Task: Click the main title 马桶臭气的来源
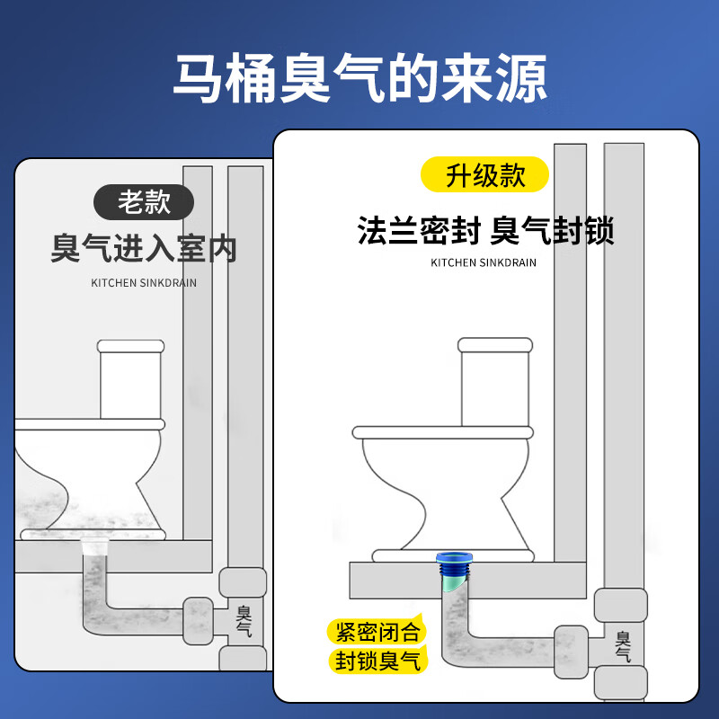pyautogui.click(x=359, y=79)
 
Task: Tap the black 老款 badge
pyautogui.click(x=144, y=201)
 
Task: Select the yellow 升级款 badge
pyautogui.click(x=485, y=173)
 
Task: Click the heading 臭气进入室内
pyautogui.click(x=144, y=248)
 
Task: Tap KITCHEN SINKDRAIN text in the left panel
pyautogui.click(x=144, y=282)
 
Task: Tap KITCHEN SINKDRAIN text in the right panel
pyautogui.click(x=484, y=262)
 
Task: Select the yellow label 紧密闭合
pyautogui.click(x=377, y=630)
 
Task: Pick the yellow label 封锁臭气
pyautogui.click(x=377, y=661)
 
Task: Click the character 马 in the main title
pyautogui.click(x=199, y=79)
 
